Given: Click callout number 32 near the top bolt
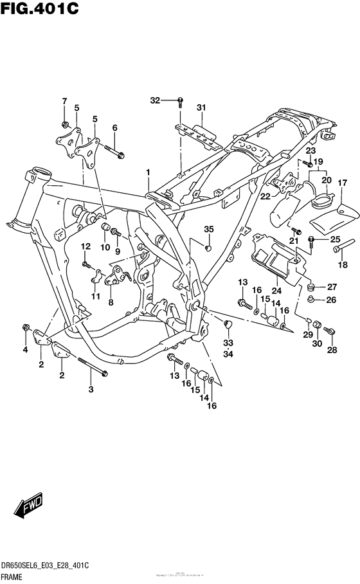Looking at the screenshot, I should point(154,100).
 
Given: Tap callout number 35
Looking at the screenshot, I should point(208,229).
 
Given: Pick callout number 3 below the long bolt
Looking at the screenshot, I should point(90,390).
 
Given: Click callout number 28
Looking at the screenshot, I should point(332,350).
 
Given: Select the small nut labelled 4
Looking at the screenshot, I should point(25,327).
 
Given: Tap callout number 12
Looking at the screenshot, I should point(84,246).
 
